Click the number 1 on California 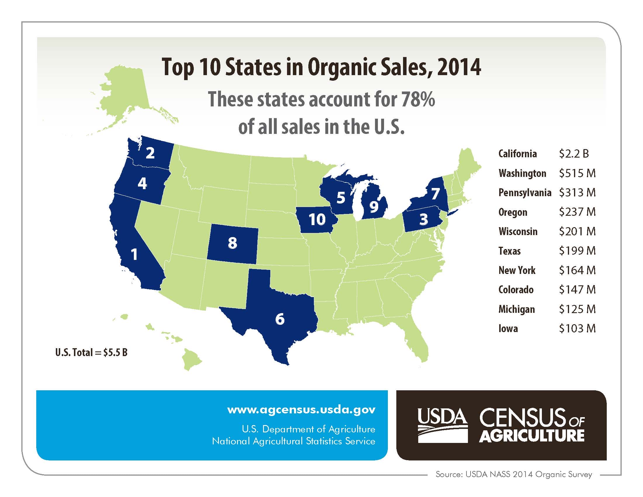pos(134,254)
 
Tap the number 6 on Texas pos(280,319)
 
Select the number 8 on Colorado pos(232,243)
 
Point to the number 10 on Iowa pos(317,219)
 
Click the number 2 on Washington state pos(150,153)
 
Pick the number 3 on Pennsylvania pos(424,219)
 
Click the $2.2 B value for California pos(573,154)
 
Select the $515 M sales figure pos(577,173)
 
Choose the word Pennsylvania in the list pos(525,193)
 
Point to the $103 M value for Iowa pos(577,328)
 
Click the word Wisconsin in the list pos(518,232)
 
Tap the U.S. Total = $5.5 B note pos(91,353)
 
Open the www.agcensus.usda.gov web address pos(301,410)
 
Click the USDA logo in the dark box pos(443,425)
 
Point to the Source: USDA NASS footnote pos(514,474)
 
